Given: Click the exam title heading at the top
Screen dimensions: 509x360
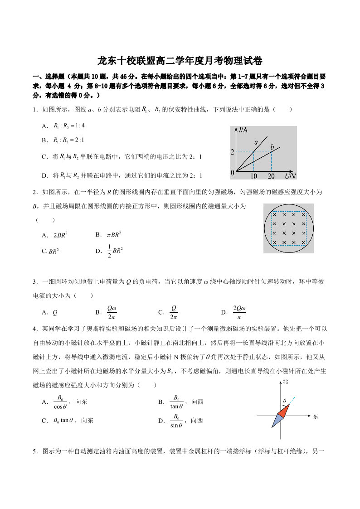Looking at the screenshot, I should [180, 61].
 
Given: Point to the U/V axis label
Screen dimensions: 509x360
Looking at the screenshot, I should [290, 175].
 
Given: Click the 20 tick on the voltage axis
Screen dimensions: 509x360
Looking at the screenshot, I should [271, 176].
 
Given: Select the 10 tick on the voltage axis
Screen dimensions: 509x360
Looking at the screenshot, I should [253, 176].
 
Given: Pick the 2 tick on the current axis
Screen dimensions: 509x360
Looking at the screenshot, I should [233, 152].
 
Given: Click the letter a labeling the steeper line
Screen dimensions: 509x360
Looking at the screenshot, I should [256, 142].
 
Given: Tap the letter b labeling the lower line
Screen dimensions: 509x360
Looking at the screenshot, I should [272, 147].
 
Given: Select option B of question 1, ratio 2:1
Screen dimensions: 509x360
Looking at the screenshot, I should [63, 141].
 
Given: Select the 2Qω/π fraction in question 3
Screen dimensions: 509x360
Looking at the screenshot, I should [239, 312].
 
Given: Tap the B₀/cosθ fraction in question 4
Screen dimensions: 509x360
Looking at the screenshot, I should [60, 402].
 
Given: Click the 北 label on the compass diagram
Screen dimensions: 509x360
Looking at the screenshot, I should [285, 382].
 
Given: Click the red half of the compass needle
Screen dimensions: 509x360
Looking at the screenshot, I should [284, 410].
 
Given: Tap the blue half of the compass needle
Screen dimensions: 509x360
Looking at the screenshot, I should [277, 421].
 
